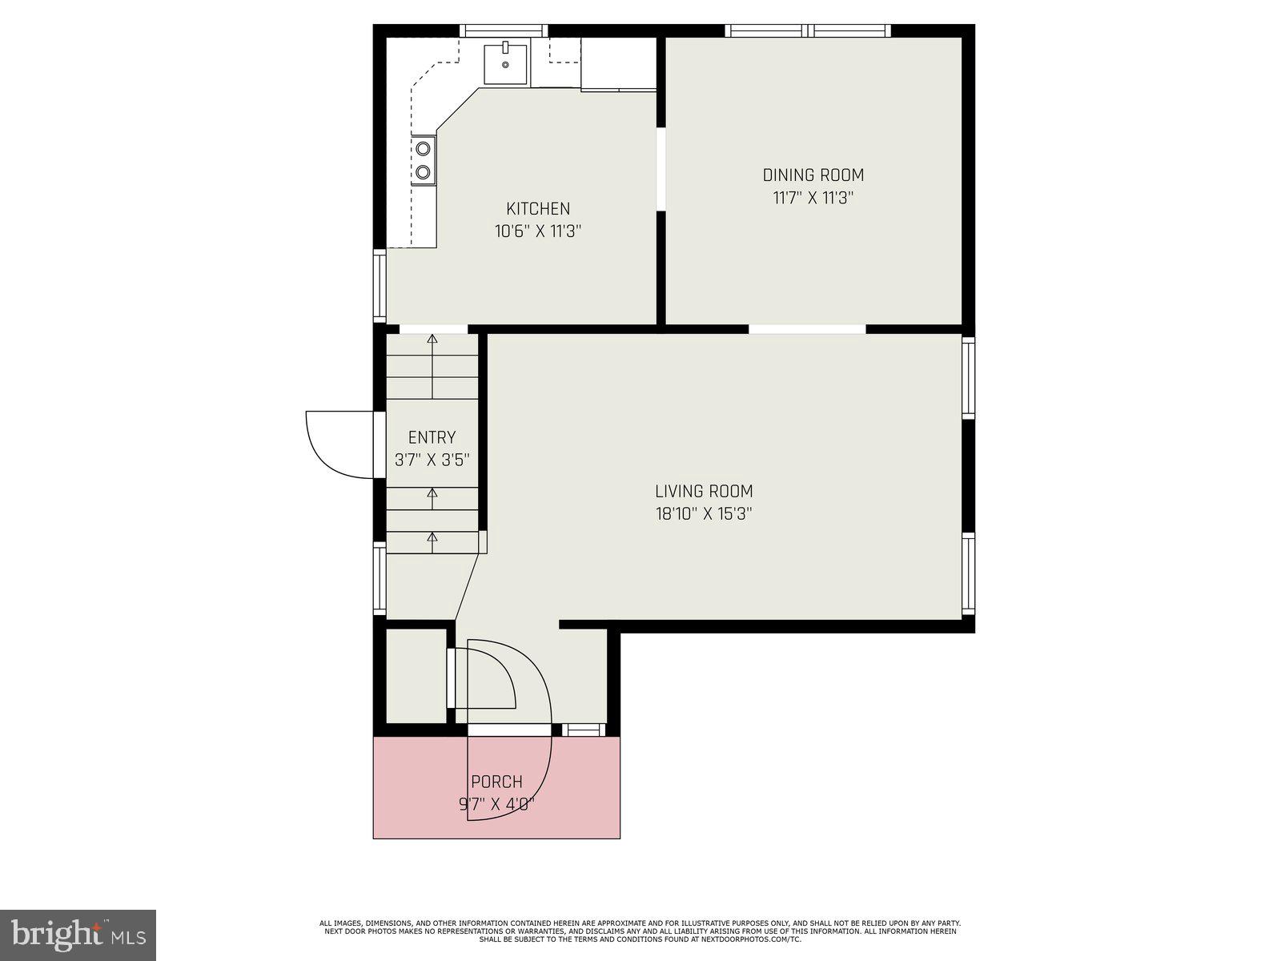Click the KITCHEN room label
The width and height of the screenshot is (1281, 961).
tap(538, 209)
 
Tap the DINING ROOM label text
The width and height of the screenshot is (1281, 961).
tap(813, 175)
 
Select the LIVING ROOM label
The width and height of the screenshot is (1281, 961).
tap(704, 492)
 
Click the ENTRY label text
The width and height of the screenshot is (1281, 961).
tap(432, 437)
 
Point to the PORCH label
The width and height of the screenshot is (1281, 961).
tap(496, 782)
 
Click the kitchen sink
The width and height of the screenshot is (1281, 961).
tap(505, 64)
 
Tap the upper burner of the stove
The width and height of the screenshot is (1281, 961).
tap(423, 148)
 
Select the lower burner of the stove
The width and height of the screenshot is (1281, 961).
tap(423, 171)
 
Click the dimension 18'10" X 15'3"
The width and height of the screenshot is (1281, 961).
tap(704, 513)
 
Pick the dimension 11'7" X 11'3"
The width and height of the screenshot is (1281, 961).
tap(813, 198)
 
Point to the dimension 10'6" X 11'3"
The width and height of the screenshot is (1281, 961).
tap(538, 231)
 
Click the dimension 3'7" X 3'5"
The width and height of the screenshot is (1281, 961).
tap(432, 460)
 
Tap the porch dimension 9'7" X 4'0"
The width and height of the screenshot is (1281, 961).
tap(496, 804)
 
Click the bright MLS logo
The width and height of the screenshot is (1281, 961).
tap(78, 933)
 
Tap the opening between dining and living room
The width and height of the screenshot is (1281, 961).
tap(807, 328)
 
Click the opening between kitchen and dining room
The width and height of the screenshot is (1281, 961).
tap(661, 168)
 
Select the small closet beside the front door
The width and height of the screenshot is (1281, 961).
tap(416, 677)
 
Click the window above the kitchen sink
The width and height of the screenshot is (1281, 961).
tap(504, 30)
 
